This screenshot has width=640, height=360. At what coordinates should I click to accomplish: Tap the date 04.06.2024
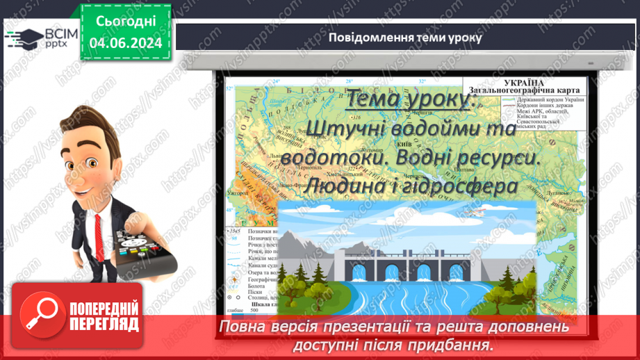pyautogui.click(x=126, y=42)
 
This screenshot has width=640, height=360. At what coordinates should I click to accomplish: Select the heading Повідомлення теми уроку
pyautogui.click(x=404, y=38)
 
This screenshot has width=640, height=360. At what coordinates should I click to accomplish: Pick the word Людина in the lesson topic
pyautogui.click(x=347, y=186)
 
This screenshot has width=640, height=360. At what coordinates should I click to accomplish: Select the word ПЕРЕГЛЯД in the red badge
pyautogui.click(x=104, y=324)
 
